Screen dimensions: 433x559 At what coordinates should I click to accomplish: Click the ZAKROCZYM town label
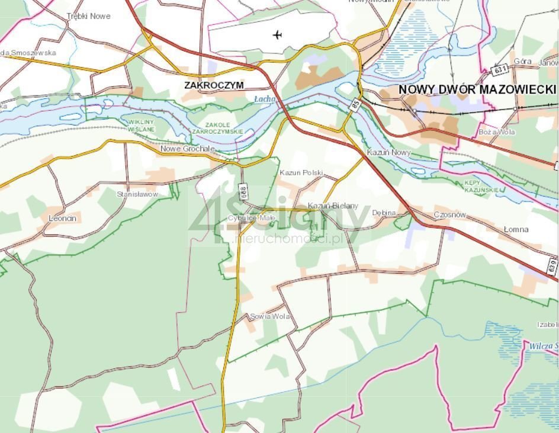[214, 85]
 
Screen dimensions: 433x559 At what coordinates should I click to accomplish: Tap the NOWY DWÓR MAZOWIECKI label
[477, 89]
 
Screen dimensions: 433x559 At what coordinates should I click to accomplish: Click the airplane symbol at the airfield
[278, 35]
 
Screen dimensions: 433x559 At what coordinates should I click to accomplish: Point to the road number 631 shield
[500, 70]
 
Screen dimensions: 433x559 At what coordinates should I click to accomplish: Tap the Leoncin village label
[63, 219]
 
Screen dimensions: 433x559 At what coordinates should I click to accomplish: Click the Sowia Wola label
[270, 316]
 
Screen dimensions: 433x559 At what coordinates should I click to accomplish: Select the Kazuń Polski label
[301, 173]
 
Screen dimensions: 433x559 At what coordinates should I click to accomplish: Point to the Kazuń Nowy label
[388, 153]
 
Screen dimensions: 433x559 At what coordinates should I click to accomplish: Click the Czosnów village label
[450, 214]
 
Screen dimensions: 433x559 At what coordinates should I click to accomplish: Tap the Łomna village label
[516, 229]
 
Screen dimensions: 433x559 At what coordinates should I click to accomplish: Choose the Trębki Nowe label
[89, 16]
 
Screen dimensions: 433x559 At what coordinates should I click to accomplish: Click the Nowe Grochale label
[188, 149]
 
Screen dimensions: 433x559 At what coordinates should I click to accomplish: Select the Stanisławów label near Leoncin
[138, 194]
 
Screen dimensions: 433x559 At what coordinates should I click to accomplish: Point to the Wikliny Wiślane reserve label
[142, 126]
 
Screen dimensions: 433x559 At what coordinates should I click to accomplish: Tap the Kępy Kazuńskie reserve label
[483, 187]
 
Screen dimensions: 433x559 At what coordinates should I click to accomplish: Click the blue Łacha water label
[265, 99]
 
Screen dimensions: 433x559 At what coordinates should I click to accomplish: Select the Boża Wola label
[497, 132]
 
